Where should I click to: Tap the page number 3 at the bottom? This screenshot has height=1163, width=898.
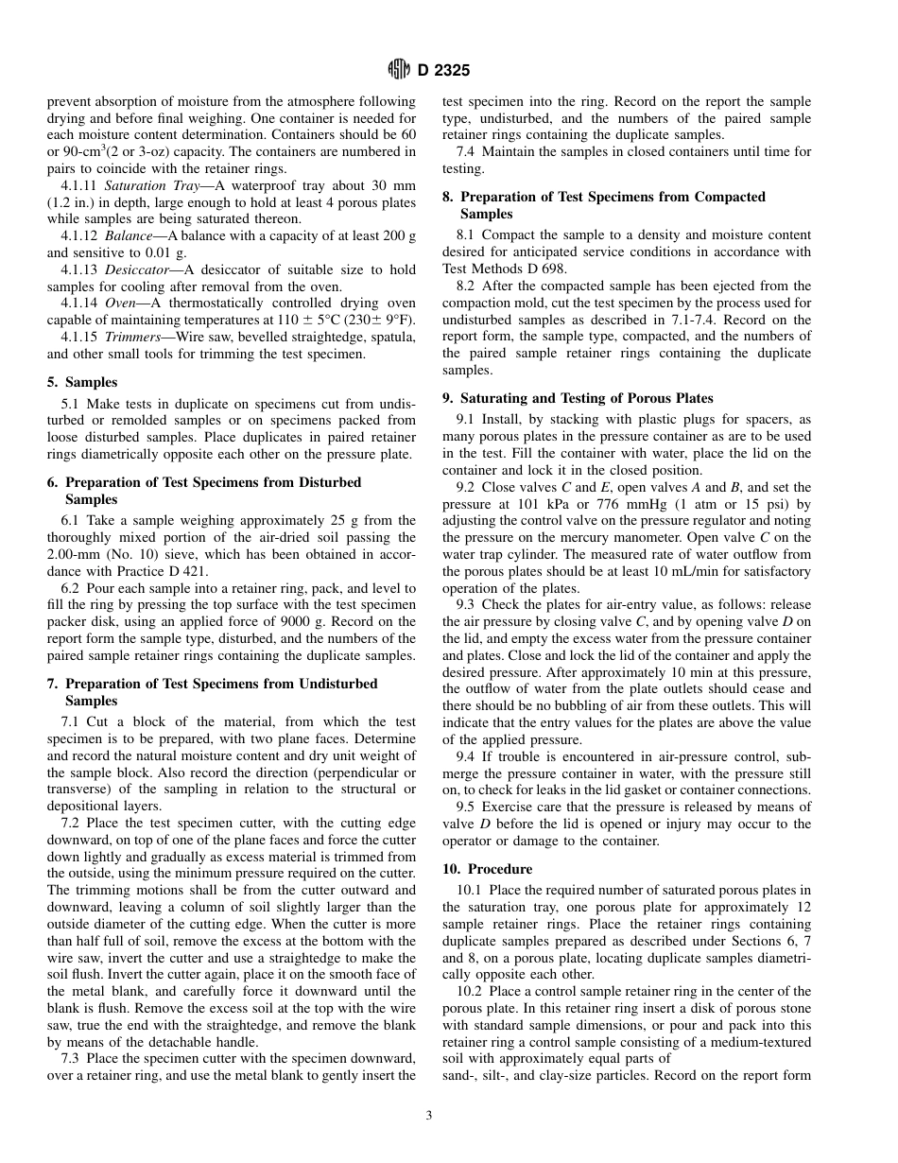(x=428, y=1116)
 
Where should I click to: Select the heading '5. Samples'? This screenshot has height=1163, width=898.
(x=82, y=382)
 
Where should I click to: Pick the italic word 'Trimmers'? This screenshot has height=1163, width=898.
(x=132, y=338)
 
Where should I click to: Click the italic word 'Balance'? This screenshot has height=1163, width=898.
(x=128, y=235)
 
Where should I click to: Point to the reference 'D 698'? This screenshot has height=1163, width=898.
(x=545, y=268)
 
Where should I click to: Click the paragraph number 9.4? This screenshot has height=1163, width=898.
(x=466, y=756)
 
